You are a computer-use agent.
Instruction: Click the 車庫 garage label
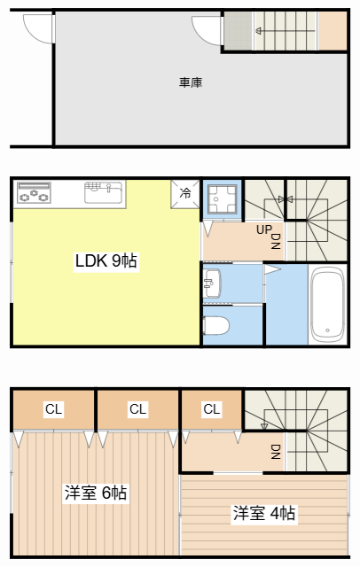[191, 83]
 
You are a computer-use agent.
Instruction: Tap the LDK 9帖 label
[106, 261]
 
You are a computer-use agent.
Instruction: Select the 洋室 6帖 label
[96, 493]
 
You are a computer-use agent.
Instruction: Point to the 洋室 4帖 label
[264, 513]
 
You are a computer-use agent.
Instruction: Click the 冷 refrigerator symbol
[185, 193]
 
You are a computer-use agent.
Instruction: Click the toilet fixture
[216, 325]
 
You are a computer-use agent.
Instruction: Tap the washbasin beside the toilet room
[210, 284]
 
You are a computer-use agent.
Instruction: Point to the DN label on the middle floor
[276, 241]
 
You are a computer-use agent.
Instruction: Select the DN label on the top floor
[276, 452]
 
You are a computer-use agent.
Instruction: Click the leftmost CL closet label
[54, 409]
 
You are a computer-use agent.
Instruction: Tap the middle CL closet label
[137, 409]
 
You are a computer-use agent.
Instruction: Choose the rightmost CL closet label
[211, 409]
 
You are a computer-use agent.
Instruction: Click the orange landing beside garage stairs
[333, 30]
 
